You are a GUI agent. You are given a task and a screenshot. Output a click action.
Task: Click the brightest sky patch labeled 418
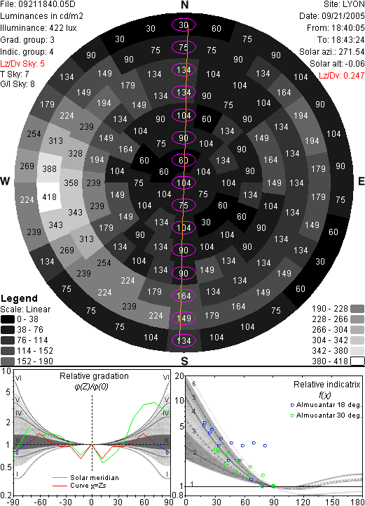tap(49, 197)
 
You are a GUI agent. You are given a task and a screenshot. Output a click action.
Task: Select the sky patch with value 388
tap(49, 168)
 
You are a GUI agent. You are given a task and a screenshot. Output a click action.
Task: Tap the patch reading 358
tap(71, 183)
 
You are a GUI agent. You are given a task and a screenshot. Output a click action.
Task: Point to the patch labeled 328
tap(75, 154)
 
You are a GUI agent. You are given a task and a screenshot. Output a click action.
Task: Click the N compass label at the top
tap(184, 5)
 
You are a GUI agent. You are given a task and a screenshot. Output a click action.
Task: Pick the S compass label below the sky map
tap(184, 361)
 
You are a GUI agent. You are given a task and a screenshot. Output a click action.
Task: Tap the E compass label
tap(361, 181)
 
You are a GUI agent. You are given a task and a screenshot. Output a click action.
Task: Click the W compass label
tap(5, 181)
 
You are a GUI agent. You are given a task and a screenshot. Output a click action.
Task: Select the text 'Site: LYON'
tap(344, 4)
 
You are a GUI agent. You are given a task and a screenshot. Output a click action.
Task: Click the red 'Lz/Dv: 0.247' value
tap(341, 76)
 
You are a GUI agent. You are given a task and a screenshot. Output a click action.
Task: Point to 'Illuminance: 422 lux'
tap(39, 28)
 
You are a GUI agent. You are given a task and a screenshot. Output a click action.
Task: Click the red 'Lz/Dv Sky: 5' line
tap(22, 64)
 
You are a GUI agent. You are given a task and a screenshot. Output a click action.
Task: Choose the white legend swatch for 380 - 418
tap(357, 361)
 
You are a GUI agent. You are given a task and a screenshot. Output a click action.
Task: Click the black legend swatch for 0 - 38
tap(8, 319)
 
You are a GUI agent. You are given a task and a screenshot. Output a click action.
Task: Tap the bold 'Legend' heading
tap(19, 298)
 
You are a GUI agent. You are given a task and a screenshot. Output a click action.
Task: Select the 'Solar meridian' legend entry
tap(85, 478)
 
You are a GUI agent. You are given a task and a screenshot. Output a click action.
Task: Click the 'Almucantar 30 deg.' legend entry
tap(326, 415)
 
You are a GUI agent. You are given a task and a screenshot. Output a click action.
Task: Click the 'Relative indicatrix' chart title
tap(326, 385)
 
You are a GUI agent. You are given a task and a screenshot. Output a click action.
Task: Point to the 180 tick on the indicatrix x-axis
tap(357, 502)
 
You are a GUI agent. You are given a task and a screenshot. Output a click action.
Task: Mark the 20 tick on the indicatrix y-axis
tap(179, 376)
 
